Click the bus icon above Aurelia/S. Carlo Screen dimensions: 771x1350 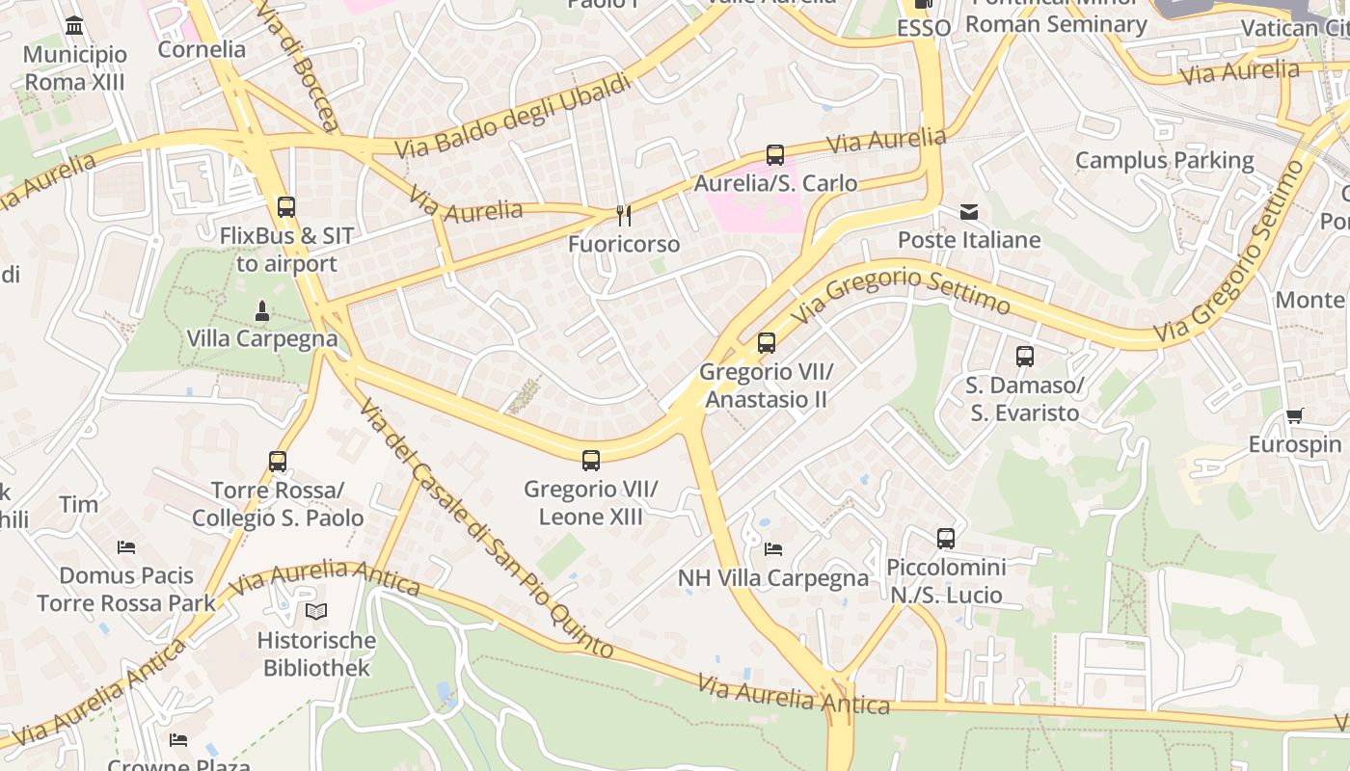[x=775, y=154]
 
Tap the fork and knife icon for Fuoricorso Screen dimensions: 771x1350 [x=624, y=215]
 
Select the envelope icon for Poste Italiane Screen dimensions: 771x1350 [x=969, y=212]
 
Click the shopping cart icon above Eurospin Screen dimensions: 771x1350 [x=1294, y=416]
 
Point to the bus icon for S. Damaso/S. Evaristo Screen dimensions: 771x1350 [x=1024, y=357]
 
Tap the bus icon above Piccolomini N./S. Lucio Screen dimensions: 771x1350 [x=946, y=539]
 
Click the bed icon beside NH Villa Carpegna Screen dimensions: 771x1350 [x=773, y=549]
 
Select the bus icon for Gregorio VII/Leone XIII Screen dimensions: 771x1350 [x=591, y=461]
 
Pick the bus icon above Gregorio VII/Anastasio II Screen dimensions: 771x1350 [x=767, y=343]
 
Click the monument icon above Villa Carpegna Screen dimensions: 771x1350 [x=261, y=311]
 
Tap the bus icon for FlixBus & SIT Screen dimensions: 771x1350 [x=286, y=207]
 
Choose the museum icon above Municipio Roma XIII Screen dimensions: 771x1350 [x=74, y=25]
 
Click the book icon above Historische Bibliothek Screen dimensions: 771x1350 [x=316, y=611]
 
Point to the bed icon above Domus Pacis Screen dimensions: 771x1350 [x=126, y=547]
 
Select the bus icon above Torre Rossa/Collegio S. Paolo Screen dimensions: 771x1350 [x=278, y=462]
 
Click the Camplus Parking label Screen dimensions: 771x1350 [x=1164, y=160]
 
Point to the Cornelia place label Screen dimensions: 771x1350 [x=202, y=49]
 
